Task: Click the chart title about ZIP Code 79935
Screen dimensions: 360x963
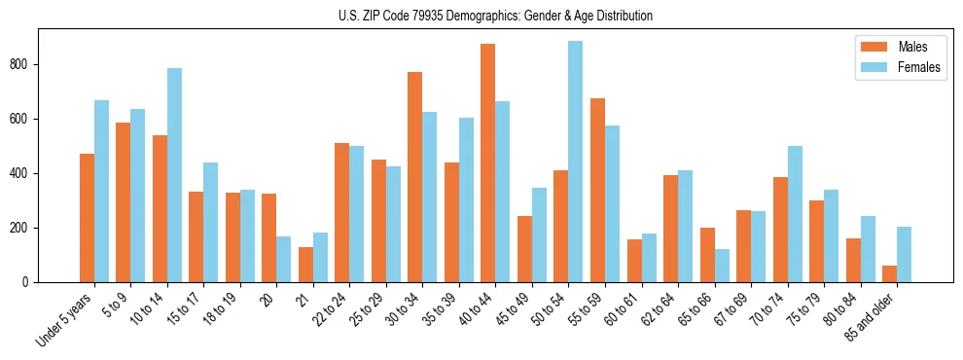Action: (x=481, y=16)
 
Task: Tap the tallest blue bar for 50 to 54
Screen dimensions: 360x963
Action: (x=575, y=162)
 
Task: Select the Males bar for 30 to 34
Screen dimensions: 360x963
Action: (x=414, y=177)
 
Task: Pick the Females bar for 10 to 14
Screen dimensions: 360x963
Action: (x=174, y=175)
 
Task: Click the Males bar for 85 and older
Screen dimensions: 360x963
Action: (x=889, y=273)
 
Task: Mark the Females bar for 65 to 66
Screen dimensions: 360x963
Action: (x=721, y=266)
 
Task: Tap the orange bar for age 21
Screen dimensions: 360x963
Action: (x=305, y=265)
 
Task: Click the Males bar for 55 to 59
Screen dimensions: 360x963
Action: (x=597, y=190)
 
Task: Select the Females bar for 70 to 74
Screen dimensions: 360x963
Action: (x=794, y=214)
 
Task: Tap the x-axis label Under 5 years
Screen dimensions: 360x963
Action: (x=65, y=317)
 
